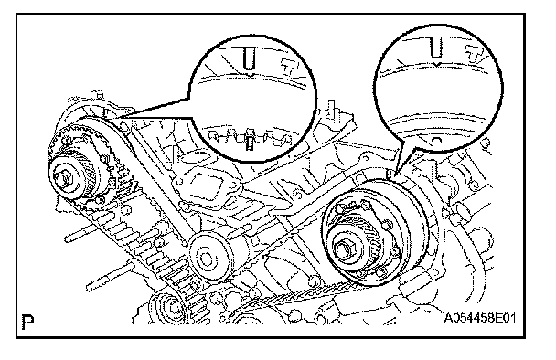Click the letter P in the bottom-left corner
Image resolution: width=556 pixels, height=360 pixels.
(27, 322)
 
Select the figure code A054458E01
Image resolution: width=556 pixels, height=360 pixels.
(480, 318)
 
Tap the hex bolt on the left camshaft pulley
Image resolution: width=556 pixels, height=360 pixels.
(65, 178)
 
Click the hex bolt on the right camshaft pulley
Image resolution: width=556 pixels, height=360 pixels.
(342, 249)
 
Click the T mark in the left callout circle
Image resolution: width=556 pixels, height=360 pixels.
(289, 67)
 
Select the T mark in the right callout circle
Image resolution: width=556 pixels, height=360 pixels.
(475, 54)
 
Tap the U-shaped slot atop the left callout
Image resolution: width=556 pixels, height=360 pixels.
(250, 58)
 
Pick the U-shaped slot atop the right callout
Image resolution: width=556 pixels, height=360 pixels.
(436, 48)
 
